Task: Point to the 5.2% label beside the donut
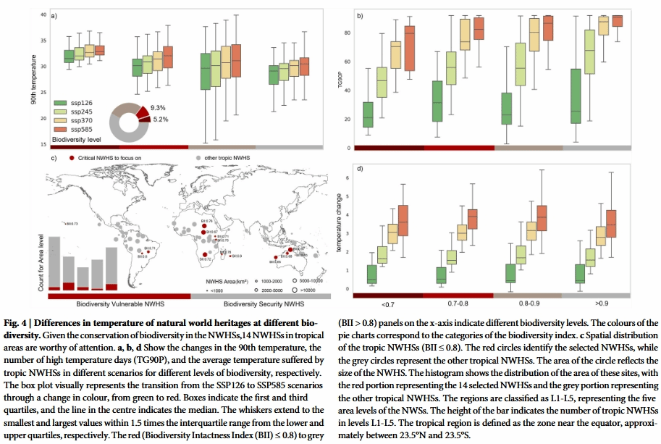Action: pyautogui.click(x=161, y=119)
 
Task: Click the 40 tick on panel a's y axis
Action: pyautogui.click(x=43, y=14)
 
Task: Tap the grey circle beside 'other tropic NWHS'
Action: pyautogui.click(x=198, y=156)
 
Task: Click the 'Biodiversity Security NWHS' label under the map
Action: pyautogui.click(x=262, y=305)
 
